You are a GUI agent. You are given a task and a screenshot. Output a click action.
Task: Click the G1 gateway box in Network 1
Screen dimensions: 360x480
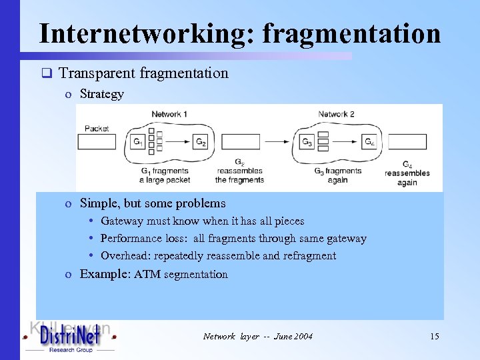(x=138, y=142)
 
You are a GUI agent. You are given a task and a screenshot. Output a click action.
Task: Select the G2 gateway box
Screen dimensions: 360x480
(x=201, y=142)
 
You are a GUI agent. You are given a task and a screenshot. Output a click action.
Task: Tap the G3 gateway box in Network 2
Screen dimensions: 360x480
(x=307, y=142)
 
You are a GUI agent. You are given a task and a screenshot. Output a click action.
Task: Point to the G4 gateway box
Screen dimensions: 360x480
(x=369, y=142)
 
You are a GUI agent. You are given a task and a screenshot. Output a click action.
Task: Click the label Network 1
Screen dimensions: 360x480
(x=169, y=115)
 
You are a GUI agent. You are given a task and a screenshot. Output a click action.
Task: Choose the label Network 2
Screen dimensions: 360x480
(x=337, y=115)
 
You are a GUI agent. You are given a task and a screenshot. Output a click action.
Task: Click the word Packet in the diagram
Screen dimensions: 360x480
(x=97, y=129)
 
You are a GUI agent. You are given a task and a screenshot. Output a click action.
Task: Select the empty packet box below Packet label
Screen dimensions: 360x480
(x=97, y=142)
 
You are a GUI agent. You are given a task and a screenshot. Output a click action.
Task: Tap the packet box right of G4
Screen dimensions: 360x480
(x=407, y=142)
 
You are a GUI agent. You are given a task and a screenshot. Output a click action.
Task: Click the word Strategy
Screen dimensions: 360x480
(x=102, y=94)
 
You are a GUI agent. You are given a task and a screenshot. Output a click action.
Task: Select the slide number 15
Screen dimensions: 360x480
(x=435, y=337)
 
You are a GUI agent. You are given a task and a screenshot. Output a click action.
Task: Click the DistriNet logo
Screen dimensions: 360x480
(x=69, y=337)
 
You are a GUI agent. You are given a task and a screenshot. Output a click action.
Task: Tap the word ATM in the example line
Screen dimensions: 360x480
(x=147, y=275)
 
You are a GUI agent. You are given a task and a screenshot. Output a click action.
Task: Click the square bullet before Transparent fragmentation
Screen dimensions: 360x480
(x=46, y=73)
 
